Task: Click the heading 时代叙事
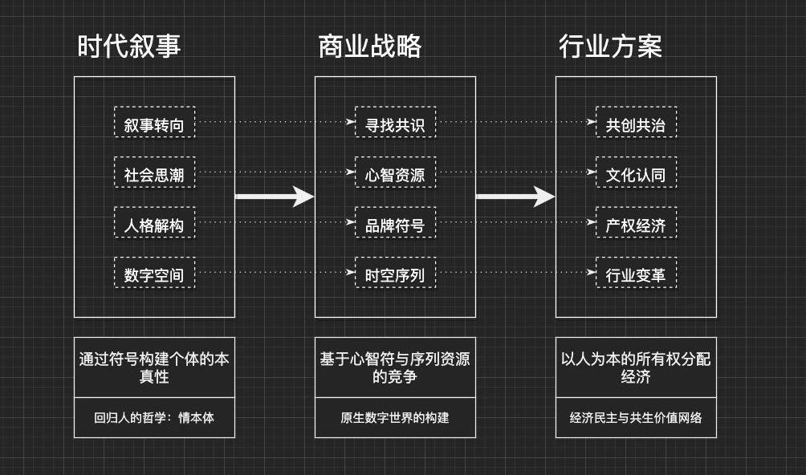tap(129, 47)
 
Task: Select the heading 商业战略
tap(370, 47)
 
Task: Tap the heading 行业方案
tap(611, 47)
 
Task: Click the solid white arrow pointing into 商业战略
tap(275, 197)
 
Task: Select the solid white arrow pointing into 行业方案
tap(515, 197)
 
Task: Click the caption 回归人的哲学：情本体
tap(154, 417)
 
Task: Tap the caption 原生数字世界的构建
tap(395, 417)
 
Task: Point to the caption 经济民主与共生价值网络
tap(636, 417)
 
